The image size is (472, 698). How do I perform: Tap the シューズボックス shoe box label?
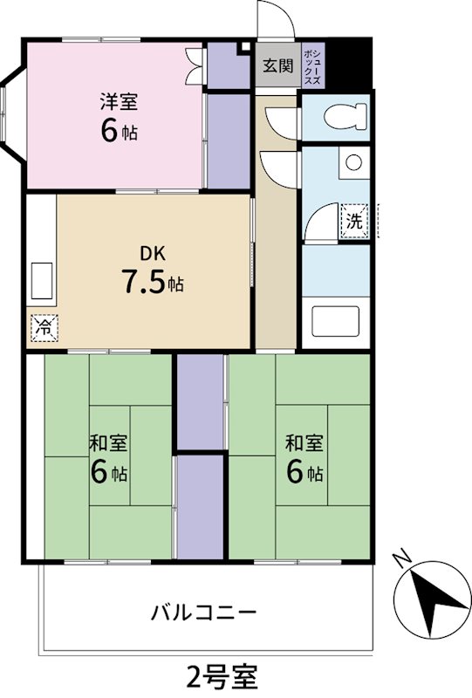(x=315, y=66)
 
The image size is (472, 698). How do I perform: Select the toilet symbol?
(x=336, y=116)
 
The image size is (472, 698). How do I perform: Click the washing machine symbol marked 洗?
(x=353, y=221)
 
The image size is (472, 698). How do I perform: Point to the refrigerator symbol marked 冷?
(x=42, y=328)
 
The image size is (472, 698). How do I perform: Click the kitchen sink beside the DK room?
(x=42, y=279)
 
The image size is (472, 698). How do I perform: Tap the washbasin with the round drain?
(x=352, y=163)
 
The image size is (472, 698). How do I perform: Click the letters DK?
(x=153, y=255)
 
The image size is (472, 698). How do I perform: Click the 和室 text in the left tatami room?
(x=108, y=442)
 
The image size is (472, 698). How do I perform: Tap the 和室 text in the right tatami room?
(x=304, y=442)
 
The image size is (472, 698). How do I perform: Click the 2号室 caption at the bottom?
(x=222, y=675)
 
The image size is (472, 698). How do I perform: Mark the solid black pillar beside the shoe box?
(x=349, y=63)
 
